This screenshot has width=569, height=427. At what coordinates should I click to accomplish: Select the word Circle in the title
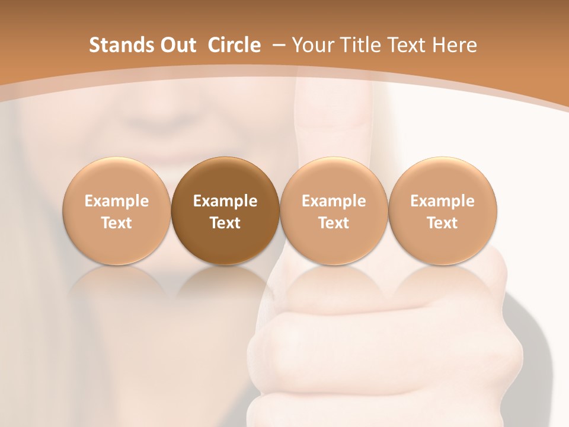234,45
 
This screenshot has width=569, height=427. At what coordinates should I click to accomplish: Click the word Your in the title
311,45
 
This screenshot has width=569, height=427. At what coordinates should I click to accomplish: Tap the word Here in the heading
454,45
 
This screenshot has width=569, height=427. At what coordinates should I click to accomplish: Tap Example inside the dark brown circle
225,201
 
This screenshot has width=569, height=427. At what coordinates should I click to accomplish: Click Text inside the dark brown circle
225,223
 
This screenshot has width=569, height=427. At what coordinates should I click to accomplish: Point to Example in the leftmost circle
116,201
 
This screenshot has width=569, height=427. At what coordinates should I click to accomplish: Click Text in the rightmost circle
442,223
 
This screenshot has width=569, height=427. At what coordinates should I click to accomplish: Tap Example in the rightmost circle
442,201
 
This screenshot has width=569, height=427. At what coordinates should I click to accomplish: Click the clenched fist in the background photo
379,344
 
